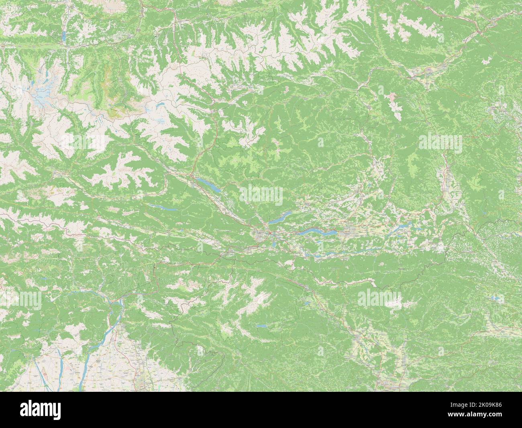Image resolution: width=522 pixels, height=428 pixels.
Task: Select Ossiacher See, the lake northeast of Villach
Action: click(x=281, y=219)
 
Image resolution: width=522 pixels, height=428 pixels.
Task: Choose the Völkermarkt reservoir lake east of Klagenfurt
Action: click(x=402, y=227)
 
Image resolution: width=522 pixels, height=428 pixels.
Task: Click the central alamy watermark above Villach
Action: click(x=261, y=196)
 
